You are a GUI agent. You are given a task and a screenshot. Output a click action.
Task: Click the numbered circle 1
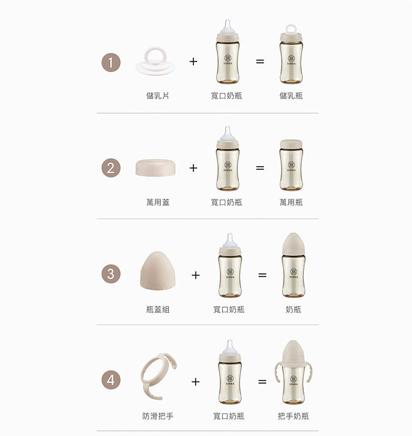pyautogui.click(x=111, y=63)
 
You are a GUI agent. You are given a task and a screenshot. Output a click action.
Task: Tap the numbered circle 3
pyautogui.click(x=111, y=274)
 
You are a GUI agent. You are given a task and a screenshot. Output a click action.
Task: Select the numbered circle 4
pyautogui.click(x=111, y=380)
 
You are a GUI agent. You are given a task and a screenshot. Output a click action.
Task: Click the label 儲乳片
pyautogui.click(x=158, y=96)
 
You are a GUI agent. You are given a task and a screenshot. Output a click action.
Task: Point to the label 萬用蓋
pyautogui.click(x=158, y=202)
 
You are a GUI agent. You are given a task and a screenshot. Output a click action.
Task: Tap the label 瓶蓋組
pyautogui.click(x=158, y=309)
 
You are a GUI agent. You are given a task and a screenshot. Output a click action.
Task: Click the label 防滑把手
pyautogui.click(x=158, y=416)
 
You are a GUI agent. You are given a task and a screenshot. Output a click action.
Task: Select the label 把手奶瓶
pyautogui.click(x=293, y=416)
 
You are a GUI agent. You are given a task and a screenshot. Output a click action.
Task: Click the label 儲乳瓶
pyautogui.click(x=291, y=96)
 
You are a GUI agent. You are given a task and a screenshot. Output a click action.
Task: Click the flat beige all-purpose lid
pyautogui.click(x=155, y=168)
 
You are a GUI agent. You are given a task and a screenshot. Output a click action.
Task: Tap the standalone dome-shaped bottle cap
pyautogui.click(x=158, y=271)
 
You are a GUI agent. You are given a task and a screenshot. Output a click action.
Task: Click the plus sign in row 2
pyautogui.click(x=193, y=168)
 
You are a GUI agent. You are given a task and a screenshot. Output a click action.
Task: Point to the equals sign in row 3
pyautogui.click(x=262, y=275)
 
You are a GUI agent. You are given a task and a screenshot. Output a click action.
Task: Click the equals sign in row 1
pyautogui.click(x=260, y=62)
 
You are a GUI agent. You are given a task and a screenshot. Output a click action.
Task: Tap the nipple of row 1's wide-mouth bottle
pyautogui.click(x=228, y=27)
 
